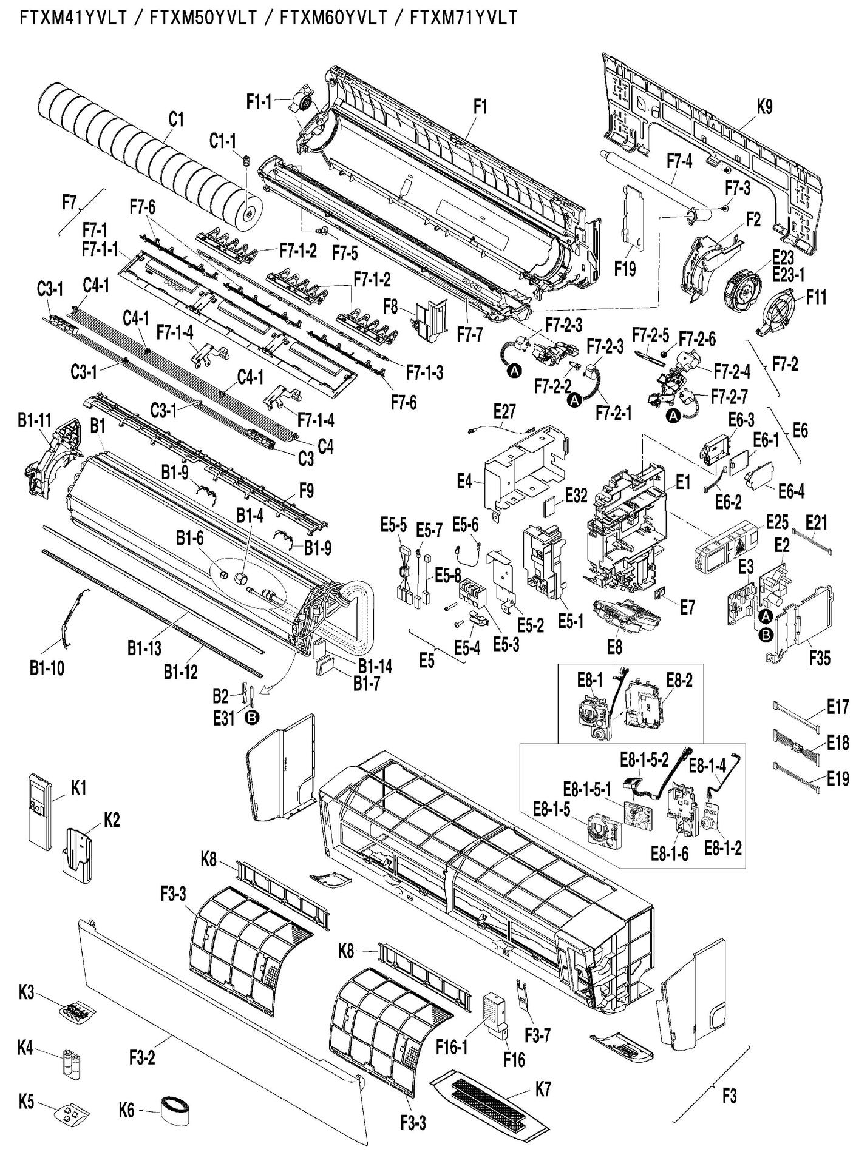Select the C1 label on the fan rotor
[x=175, y=120]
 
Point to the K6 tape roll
[x=174, y=1110]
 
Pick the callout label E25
[x=776, y=521]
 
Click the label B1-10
[x=47, y=668]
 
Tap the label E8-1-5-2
[x=644, y=758]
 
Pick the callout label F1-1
[x=259, y=102]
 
